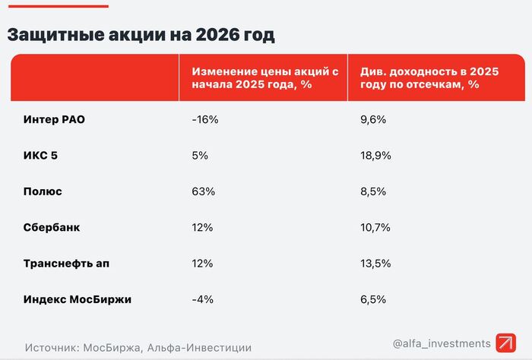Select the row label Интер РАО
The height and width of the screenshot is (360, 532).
click(55, 119)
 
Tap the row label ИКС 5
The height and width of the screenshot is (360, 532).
click(40, 155)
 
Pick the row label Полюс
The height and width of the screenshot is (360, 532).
click(43, 191)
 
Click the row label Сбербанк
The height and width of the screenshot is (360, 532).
click(52, 227)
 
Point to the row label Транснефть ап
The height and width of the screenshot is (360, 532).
click(68, 264)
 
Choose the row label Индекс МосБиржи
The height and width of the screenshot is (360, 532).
click(78, 299)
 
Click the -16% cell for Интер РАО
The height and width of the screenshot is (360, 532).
click(204, 119)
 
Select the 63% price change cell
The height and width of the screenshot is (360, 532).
click(204, 191)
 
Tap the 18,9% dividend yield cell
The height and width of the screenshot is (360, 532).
click(375, 155)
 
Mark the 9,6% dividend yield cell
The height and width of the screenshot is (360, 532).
click(372, 119)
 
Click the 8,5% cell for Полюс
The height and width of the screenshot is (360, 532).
click(372, 191)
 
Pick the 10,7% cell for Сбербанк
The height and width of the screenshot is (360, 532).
click(375, 227)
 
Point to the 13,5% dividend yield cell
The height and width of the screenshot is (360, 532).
click(375, 264)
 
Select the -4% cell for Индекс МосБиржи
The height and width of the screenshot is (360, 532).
click(201, 299)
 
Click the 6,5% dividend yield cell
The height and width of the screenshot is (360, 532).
click(372, 299)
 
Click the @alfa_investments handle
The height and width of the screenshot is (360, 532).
click(442, 344)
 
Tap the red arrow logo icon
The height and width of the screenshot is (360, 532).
click(505, 343)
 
